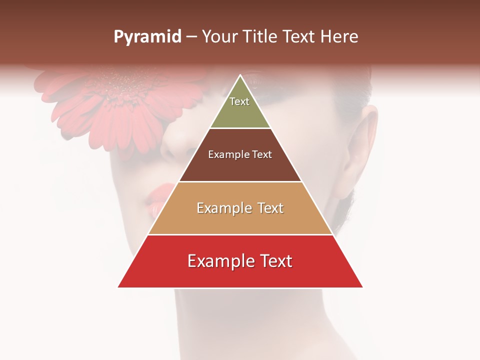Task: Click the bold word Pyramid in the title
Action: pyautogui.click(x=147, y=37)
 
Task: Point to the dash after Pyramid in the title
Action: pyautogui.click(x=191, y=37)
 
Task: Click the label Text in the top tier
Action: pyautogui.click(x=239, y=101)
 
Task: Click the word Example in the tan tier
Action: pyautogui.click(x=222, y=208)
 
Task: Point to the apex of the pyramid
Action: pyautogui.click(x=240, y=75)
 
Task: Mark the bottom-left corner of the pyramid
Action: pyautogui.click(x=118, y=287)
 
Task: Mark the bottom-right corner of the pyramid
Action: pyautogui.click(x=362, y=287)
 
